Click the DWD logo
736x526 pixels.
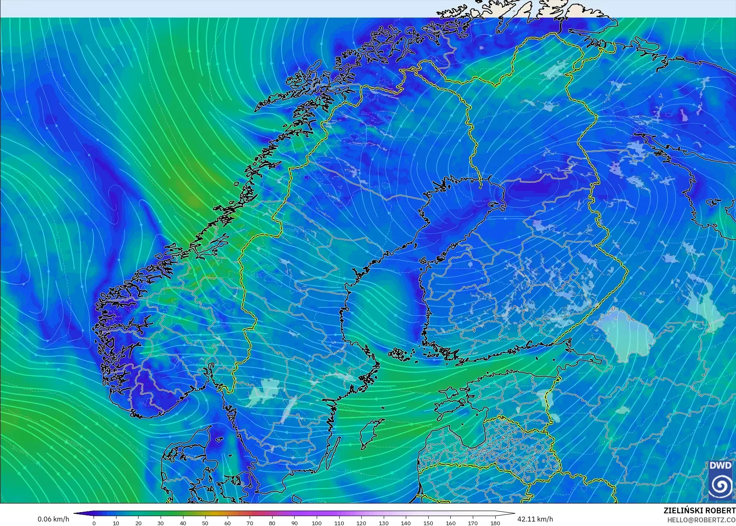tap(720, 480)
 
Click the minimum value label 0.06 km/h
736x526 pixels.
tap(53, 519)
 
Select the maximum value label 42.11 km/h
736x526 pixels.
tap(535, 519)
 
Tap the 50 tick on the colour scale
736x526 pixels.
tap(205, 523)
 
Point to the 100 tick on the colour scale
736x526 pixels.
tap(317, 523)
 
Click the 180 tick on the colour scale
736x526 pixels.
tap(495, 523)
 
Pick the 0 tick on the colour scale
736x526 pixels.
tap(94, 523)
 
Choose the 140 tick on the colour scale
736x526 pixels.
tap(406, 523)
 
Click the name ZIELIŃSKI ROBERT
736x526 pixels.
tap(699, 510)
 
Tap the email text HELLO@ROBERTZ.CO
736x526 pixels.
tap(701, 520)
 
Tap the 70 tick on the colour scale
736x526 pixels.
tap(250, 523)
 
